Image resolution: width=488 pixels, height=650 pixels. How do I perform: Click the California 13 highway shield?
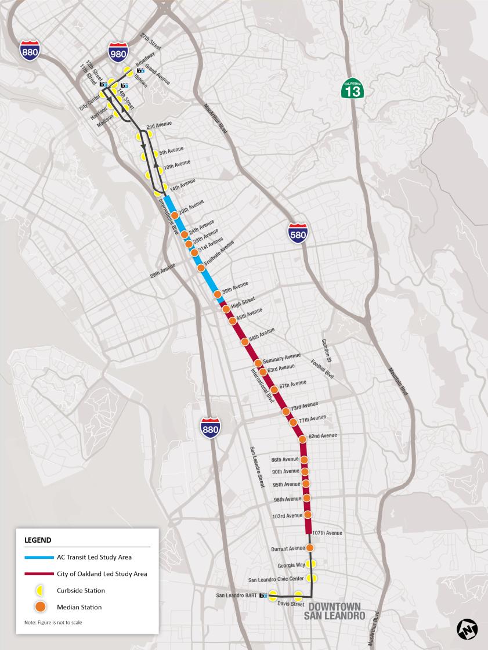point(352,88)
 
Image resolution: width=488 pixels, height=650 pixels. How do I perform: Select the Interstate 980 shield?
point(118,53)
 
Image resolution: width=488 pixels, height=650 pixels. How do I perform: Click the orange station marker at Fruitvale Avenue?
point(201,268)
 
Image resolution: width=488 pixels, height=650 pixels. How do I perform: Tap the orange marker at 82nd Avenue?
point(302,438)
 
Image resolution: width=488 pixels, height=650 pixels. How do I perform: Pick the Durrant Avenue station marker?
point(310,548)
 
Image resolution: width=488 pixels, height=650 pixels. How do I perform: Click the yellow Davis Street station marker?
point(298,595)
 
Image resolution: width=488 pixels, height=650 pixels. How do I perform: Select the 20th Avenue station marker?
point(174,215)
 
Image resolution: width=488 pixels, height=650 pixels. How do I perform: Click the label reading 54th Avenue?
point(262,337)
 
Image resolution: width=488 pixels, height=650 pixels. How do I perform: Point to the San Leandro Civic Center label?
point(276,579)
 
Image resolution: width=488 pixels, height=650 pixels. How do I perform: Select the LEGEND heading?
point(38,540)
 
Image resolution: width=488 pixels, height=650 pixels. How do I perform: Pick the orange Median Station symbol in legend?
point(39,607)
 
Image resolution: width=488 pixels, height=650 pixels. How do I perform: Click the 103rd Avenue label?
point(287,515)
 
